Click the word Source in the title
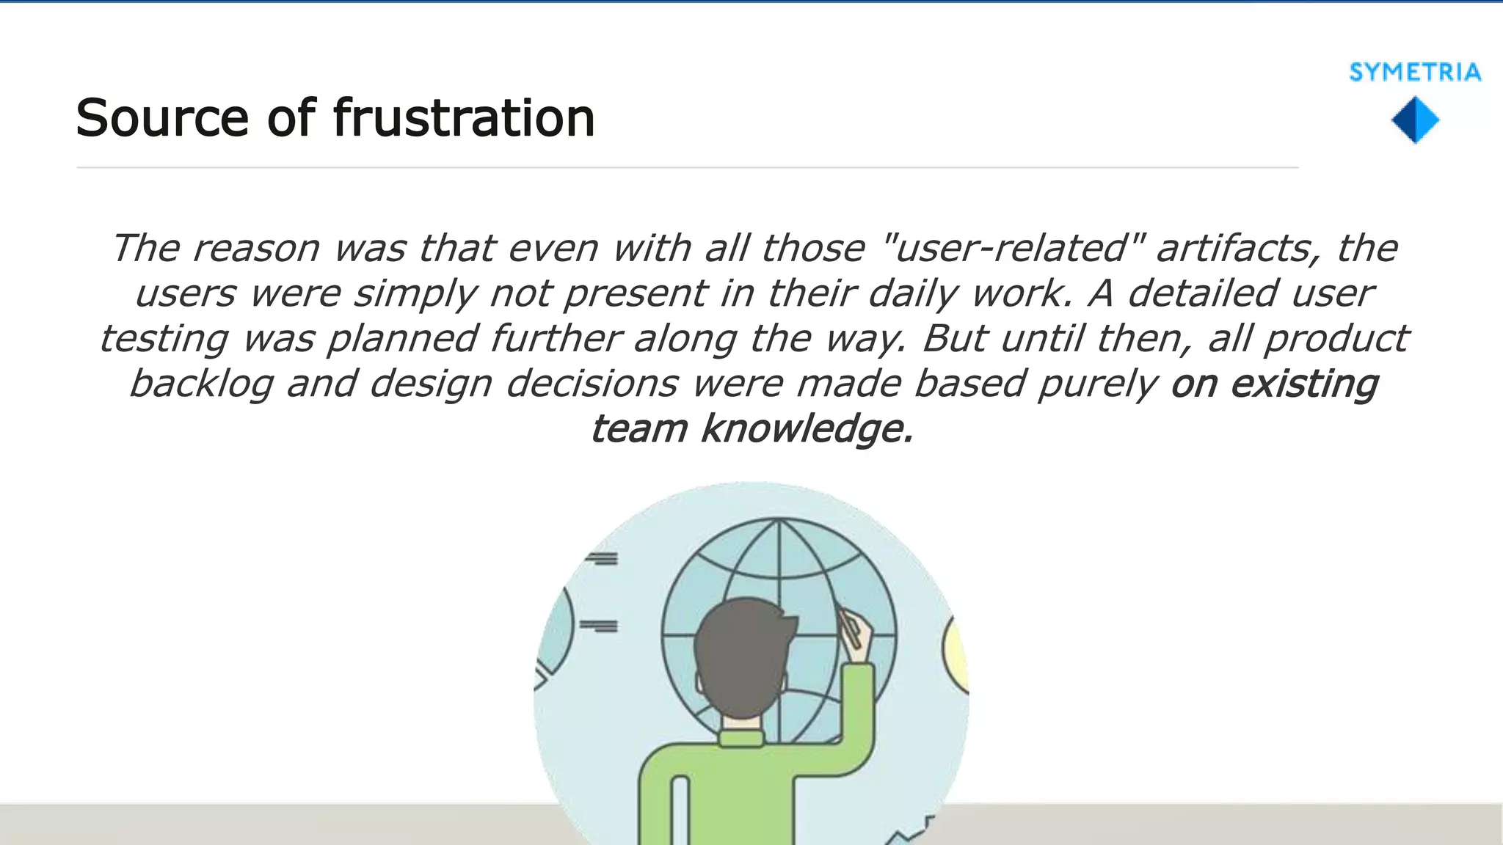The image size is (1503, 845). [x=162, y=118]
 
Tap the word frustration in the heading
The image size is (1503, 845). [x=463, y=118]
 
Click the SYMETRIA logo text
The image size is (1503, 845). [x=1415, y=73]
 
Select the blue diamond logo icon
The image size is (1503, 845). [x=1415, y=121]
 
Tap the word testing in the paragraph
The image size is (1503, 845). [x=164, y=339]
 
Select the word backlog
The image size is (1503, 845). [x=201, y=384]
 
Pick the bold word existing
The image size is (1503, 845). [x=1304, y=384]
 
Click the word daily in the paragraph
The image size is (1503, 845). [x=914, y=293]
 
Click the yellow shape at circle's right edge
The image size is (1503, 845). [x=956, y=653]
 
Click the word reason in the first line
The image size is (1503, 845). [x=256, y=248]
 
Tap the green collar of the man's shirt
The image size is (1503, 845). [x=743, y=737]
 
